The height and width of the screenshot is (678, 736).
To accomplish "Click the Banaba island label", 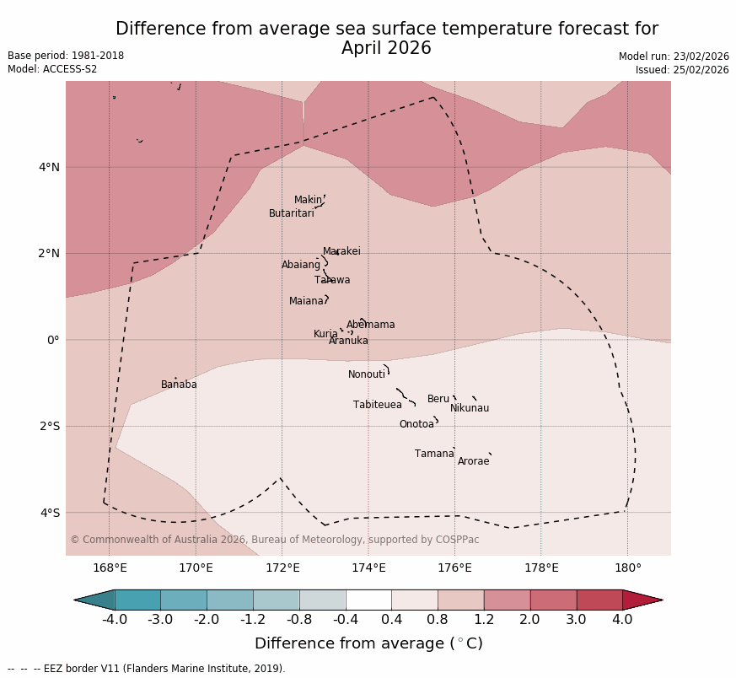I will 179,385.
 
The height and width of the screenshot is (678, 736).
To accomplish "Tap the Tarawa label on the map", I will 332,280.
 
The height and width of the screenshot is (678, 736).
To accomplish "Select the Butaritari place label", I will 291,213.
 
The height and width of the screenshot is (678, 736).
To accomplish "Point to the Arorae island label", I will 473,461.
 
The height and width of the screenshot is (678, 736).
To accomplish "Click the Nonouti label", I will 367,374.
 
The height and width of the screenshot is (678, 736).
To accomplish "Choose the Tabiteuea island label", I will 377,405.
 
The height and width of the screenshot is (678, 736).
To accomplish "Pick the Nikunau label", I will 469,408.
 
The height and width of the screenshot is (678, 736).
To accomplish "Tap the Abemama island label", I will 370,325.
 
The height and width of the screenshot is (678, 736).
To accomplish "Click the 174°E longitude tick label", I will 368,568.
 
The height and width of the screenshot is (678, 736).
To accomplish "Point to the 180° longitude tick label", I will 627,568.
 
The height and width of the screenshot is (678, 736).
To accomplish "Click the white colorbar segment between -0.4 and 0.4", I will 368,600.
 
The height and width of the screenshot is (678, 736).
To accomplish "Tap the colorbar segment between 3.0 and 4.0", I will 599,600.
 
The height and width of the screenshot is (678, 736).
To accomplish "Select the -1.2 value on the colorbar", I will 253,620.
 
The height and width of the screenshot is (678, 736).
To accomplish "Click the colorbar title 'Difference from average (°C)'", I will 368,643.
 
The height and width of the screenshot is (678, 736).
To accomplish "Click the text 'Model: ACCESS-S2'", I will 52,69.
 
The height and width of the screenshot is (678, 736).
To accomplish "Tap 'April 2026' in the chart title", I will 386,49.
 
